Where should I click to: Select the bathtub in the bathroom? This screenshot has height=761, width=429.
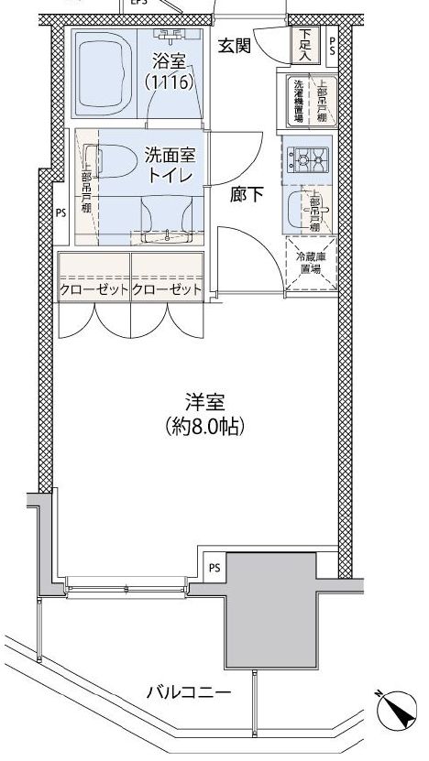(103, 72)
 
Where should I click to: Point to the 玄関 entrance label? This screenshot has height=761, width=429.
(235, 48)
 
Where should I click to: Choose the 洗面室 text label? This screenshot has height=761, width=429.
(170, 155)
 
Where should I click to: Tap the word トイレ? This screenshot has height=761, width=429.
(170, 176)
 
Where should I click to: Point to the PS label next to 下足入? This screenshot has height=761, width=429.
(331, 47)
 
